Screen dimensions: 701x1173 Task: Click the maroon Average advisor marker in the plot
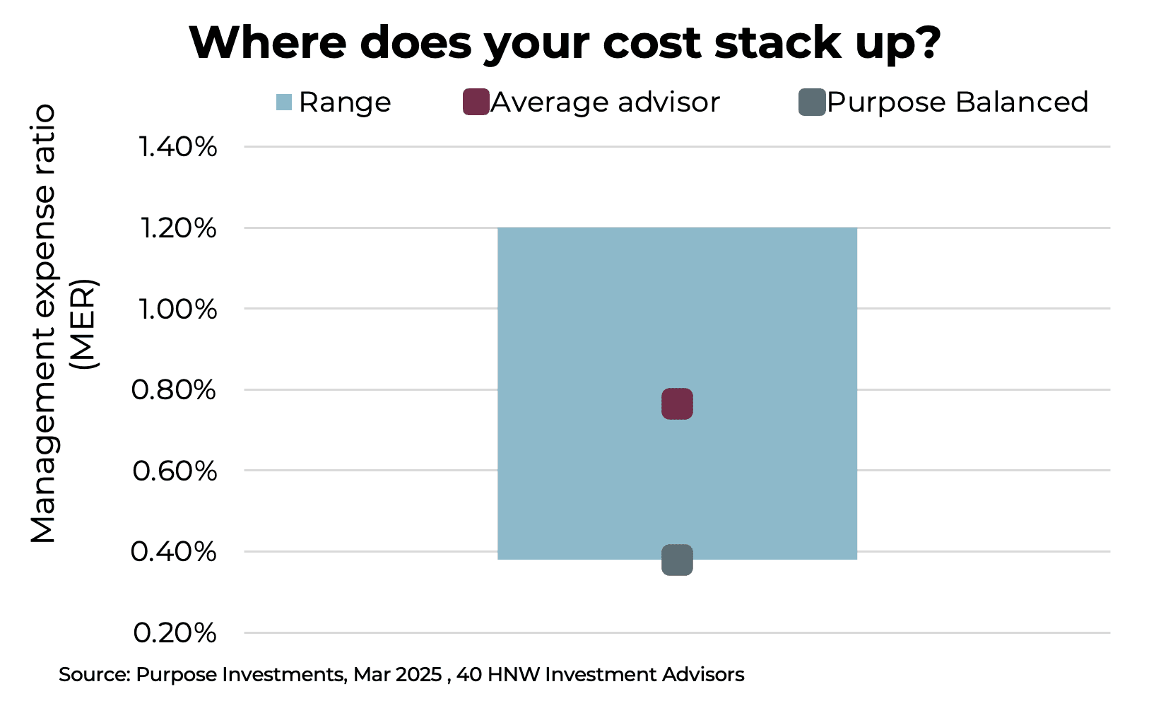pyautogui.click(x=677, y=403)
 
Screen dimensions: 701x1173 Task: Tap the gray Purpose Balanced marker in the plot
pyautogui.click(x=677, y=560)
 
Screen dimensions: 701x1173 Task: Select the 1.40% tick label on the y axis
pyautogui.click(x=178, y=147)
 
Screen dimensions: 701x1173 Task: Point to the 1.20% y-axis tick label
pyautogui.click(x=178, y=228)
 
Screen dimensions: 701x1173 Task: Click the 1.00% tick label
pyautogui.click(x=178, y=309)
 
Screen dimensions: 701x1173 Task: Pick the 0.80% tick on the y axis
pyautogui.click(x=174, y=389)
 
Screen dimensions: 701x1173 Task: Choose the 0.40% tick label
pyautogui.click(x=174, y=551)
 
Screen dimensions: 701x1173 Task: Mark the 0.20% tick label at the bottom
pyautogui.click(x=175, y=632)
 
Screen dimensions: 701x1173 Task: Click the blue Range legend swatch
pyautogui.click(x=284, y=102)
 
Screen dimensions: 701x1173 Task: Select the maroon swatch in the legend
pyautogui.click(x=476, y=102)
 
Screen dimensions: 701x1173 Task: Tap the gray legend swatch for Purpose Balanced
pyautogui.click(x=812, y=102)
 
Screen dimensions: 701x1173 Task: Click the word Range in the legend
pyautogui.click(x=345, y=102)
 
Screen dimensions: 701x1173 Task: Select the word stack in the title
pyautogui.click(x=778, y=42)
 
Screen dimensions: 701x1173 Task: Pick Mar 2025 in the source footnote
pyautogui.click(x=398, y=675)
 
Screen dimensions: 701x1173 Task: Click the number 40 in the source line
pyautogui.click(x=468, y=675)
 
